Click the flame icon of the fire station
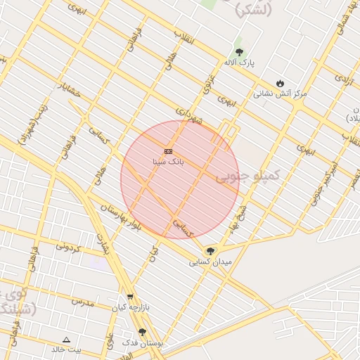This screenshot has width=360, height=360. (281, 83)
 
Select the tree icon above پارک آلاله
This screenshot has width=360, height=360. (239, 52)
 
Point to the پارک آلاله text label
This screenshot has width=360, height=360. (240, 63)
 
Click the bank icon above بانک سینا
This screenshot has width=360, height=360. (168, 151)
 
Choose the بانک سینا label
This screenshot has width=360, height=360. (168, 162)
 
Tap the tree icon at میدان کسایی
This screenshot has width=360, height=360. (210, 251)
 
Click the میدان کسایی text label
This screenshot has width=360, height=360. (210, 262)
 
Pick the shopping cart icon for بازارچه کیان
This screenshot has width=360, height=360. (130, 297)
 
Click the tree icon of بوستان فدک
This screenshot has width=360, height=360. (143, 332)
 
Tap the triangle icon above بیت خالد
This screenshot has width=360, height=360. (66, 339)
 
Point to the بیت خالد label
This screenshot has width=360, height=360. (66, 349)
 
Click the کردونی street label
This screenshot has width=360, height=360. (70, 247)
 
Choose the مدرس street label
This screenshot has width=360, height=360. (82, 301)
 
